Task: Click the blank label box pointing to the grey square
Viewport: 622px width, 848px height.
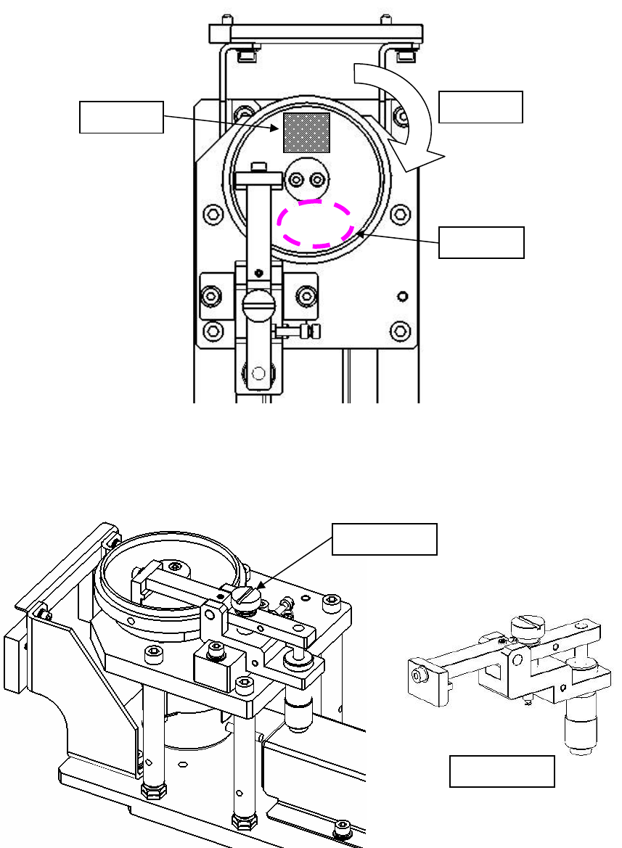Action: coord(121,118)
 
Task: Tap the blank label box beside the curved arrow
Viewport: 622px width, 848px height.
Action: coord(480,107)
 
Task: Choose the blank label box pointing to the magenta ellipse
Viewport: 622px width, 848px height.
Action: coord(481,242)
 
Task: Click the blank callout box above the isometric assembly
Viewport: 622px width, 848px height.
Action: coord(385,538)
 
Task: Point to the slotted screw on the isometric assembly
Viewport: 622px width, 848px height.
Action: coord(245,596)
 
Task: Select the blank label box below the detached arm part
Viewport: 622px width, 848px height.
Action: coord(502,771)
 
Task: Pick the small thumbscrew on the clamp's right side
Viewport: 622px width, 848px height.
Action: coord(314,332)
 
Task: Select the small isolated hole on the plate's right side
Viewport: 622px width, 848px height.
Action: coord(403,295)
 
